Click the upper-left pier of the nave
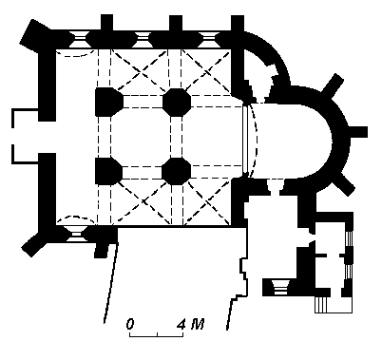pyautogui.click(x=108, y=102)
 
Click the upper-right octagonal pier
pyautogui.click(x=177, y=102)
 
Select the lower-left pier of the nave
pyautogui.click(x=108, y=171)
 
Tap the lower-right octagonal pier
pyautogui.click(x=176, y=171)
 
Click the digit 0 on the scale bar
pyautogui.click(x=130, y=324)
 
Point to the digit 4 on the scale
pyautogui.click(x=181, y=324)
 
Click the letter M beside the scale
pyautogui.click(x=198, y=324)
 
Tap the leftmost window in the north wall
pyautogui.click(x=79, y=40)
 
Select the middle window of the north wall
pyautogui.click(x=142, y=40)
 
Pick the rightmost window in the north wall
pyautogui.click(x=208, y=40)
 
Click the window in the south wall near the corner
pyautogui.click(x=76, y=234)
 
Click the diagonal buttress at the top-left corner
pyautogui.click(x=34, y=35)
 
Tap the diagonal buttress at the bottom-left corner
pyautogui.click(x=34, y=243)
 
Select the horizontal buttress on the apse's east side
pyautogui.click(x=357, y=132)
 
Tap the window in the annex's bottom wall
pyautogui.click(x=280, y=288)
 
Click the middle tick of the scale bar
pyautogui.click(x=157, y=334)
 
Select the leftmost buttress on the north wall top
pyautogui.click(x=106, y=23)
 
